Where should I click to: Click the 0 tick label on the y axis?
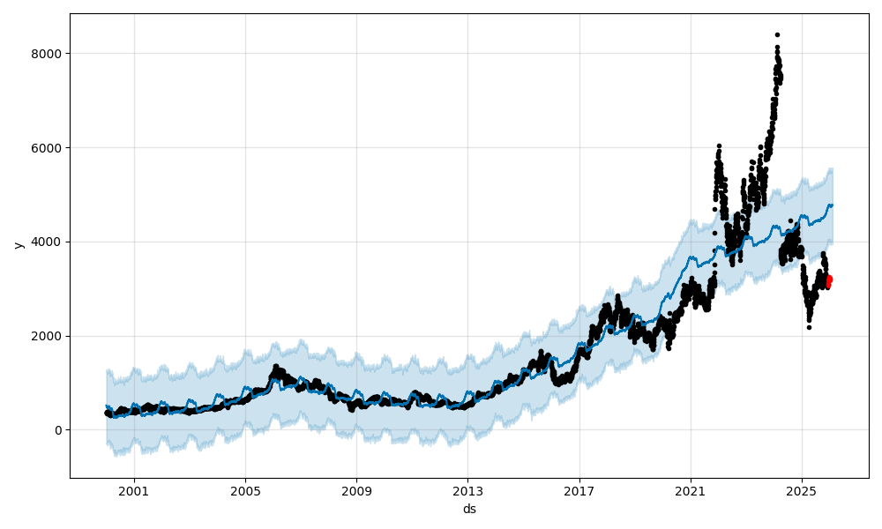pos(58,430)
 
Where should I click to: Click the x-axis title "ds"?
pos(469,509)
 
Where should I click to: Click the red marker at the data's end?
pos(828,280)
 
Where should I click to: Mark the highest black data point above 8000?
pos(777,34)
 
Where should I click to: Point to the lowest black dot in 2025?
pos(809,327)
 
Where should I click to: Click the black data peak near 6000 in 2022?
pos(719,145)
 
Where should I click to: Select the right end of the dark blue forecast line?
pos(832,205)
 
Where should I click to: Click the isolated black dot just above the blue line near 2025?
pos(790,220)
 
